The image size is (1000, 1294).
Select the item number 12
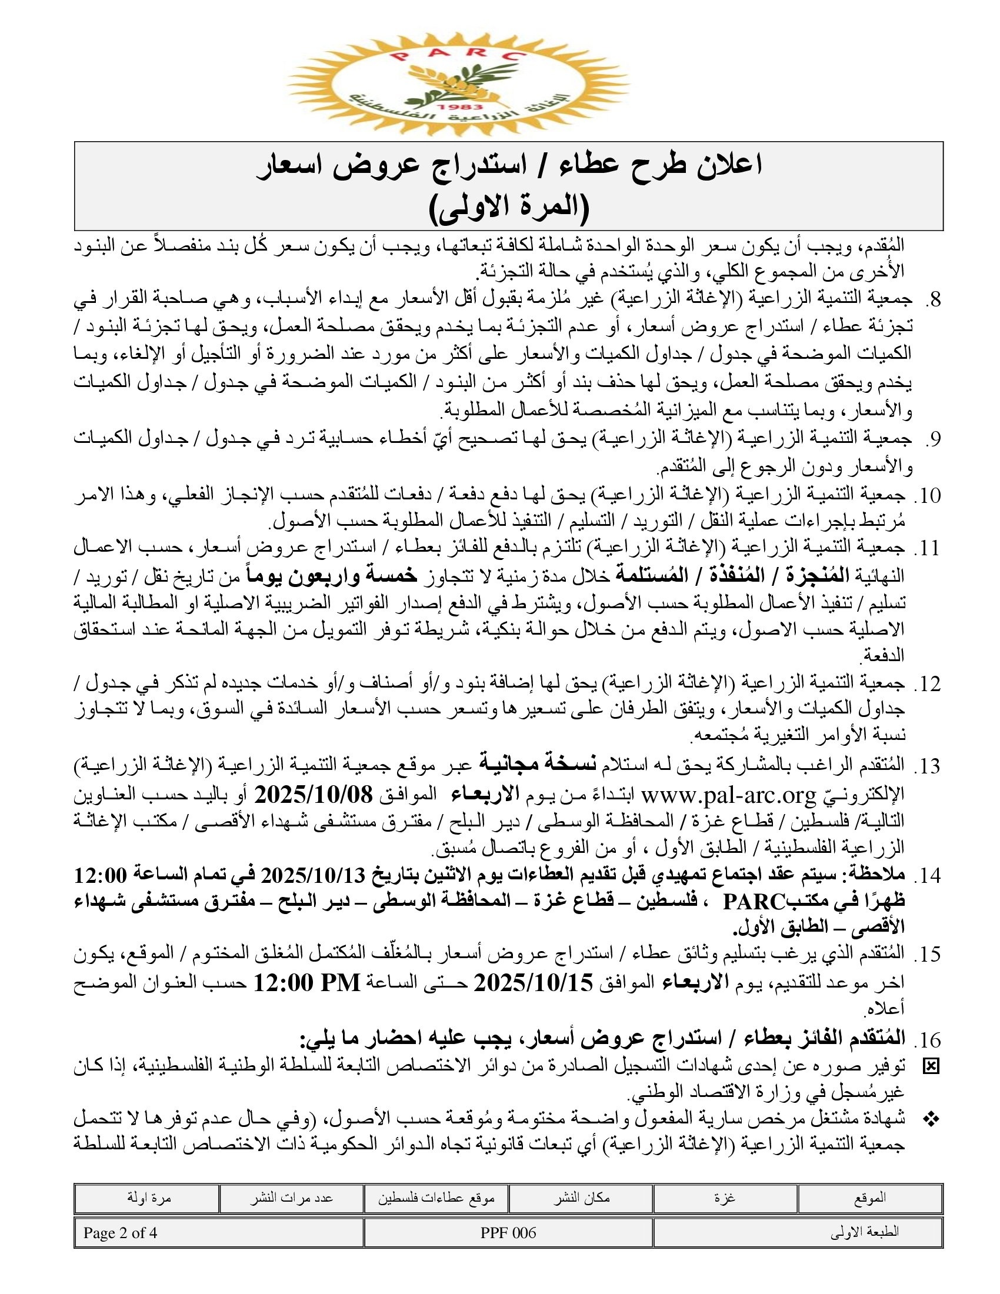tap(926, 685)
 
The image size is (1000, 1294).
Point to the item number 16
tap(926, 1040)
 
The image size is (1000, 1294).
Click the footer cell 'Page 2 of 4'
tap(120, 1233)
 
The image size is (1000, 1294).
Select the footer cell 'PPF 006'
tap(508, 1233)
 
